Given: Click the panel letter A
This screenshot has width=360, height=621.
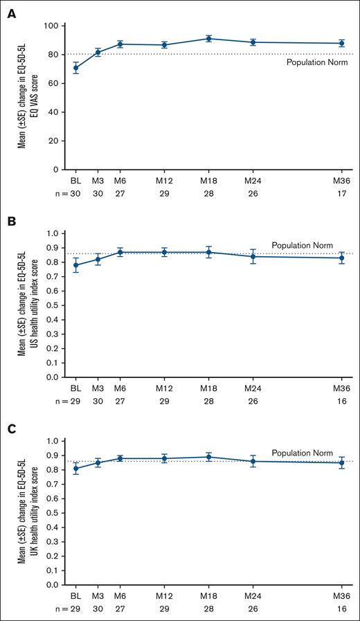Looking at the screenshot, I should tap(12, 13).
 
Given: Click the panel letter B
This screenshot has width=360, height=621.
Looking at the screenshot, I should tap(12, 222).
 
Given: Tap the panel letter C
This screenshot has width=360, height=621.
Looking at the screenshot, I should tap(12, 429).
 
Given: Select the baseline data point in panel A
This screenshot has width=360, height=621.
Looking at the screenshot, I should tap(76, 68).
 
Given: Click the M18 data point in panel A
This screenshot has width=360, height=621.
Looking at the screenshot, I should tap(208, 39).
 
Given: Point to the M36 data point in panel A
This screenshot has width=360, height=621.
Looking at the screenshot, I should tap(341, 43).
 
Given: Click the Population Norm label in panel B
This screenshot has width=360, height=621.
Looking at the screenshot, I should tap(298, 245).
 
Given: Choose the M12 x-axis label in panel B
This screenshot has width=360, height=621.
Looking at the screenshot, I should tap(164, 390).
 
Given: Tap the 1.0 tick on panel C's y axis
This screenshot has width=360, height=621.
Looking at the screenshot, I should tap(53, 441).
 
